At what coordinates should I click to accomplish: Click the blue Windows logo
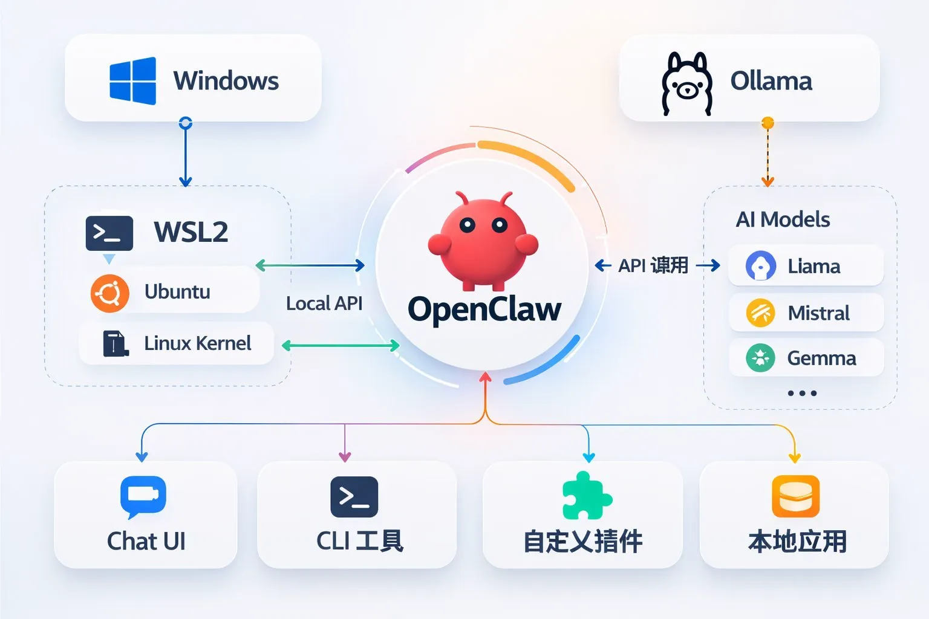(132, 81)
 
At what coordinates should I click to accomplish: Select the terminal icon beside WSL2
(109, 233)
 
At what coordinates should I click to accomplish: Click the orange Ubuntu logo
(109, 293)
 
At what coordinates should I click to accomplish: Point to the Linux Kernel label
(197, 343)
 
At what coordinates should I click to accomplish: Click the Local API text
(324, 303)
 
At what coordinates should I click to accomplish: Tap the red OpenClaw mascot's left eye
(467, 225)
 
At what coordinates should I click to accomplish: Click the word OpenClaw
(484, 309)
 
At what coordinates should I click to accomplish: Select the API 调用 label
(653, 265)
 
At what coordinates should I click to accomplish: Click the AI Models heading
(783, 219)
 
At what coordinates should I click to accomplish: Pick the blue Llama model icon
(760, 266)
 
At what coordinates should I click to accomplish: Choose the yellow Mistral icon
(760, 313)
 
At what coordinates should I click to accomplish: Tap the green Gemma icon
(760, 358)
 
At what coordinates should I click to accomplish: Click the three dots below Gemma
(802, 393)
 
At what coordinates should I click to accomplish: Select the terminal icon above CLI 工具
(354, 497)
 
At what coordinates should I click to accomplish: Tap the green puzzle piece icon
(585, 496)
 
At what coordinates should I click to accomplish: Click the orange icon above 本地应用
(795, 496)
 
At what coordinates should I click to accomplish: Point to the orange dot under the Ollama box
(768, 123)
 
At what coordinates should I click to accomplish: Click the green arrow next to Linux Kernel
(341, 346)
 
